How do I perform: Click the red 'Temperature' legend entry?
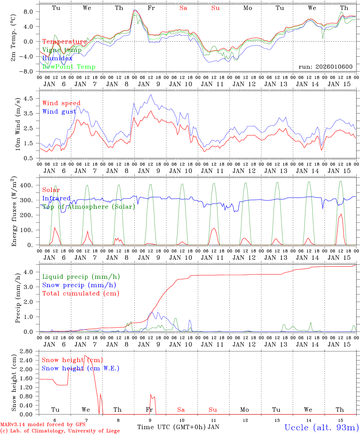click(65, 42)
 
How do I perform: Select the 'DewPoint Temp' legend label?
click(69, 67)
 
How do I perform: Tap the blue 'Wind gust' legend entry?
click(59, 112)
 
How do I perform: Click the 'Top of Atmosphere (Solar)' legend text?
click(88, 207)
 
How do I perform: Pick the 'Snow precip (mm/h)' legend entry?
click(79, 285)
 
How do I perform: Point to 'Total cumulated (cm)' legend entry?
click(81, 293)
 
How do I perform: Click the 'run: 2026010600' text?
click(325, 67)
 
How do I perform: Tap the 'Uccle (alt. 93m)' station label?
click(321, 427)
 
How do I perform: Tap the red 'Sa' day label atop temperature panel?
click(183, 8)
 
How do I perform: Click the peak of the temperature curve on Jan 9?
click(135, 11)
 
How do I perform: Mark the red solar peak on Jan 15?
click(341, 214)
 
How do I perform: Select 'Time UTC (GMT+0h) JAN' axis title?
click(178, 427)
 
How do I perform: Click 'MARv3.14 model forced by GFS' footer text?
click(43, 425)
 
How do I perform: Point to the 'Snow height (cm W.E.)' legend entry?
click(80, 368)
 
